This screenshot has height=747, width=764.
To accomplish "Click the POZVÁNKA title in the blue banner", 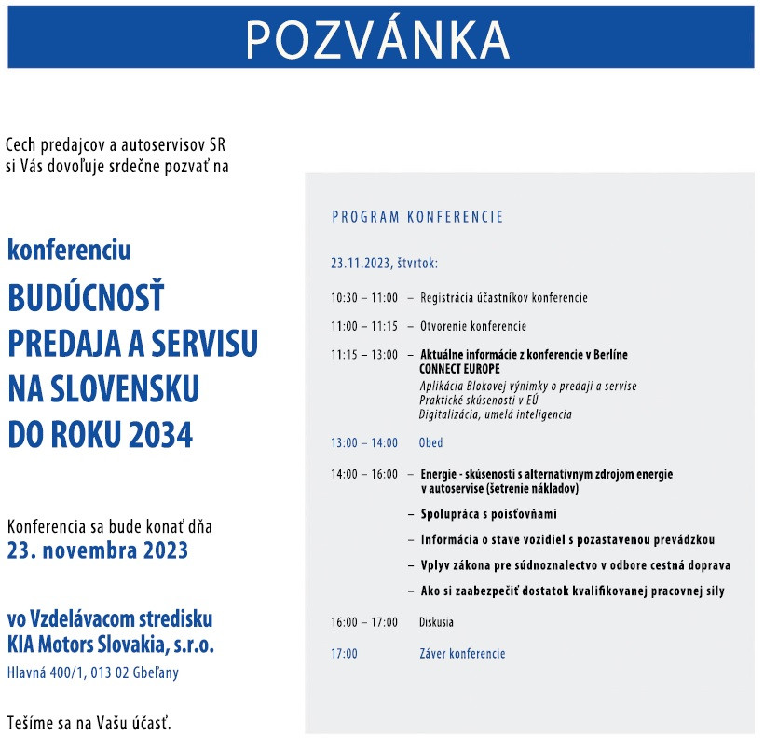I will point(378,38).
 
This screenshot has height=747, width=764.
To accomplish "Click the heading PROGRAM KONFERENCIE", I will point(417,217).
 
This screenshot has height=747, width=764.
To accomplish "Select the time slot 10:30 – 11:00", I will point(364,298).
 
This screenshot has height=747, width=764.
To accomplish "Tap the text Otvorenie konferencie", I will point(473,326).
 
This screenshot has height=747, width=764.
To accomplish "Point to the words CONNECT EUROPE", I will point(460,369).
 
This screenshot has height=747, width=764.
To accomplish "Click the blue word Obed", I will point(430,442).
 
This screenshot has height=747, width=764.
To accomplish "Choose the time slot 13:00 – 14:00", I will point(364,442).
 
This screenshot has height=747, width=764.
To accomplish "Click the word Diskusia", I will point(436,622).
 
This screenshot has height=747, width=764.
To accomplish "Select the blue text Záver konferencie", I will point(462,654).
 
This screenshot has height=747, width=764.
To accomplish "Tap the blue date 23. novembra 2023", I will point(98,550).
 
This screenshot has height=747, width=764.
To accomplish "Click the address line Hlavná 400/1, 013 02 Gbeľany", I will point(93,672).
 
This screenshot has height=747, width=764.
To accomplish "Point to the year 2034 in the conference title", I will point(159,434).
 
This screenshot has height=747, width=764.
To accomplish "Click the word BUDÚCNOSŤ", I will point(86,298).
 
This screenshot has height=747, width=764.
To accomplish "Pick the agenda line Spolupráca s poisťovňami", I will point(489,513).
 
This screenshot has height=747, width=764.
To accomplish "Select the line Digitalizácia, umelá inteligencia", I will point(496,414).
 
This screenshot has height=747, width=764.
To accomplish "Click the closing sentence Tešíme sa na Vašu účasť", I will point(89,723).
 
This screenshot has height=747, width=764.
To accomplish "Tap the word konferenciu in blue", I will point(70,251).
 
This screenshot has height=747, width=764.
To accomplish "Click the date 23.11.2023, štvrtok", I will point(384,264).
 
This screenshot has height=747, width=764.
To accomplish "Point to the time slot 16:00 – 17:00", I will point(364,622).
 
